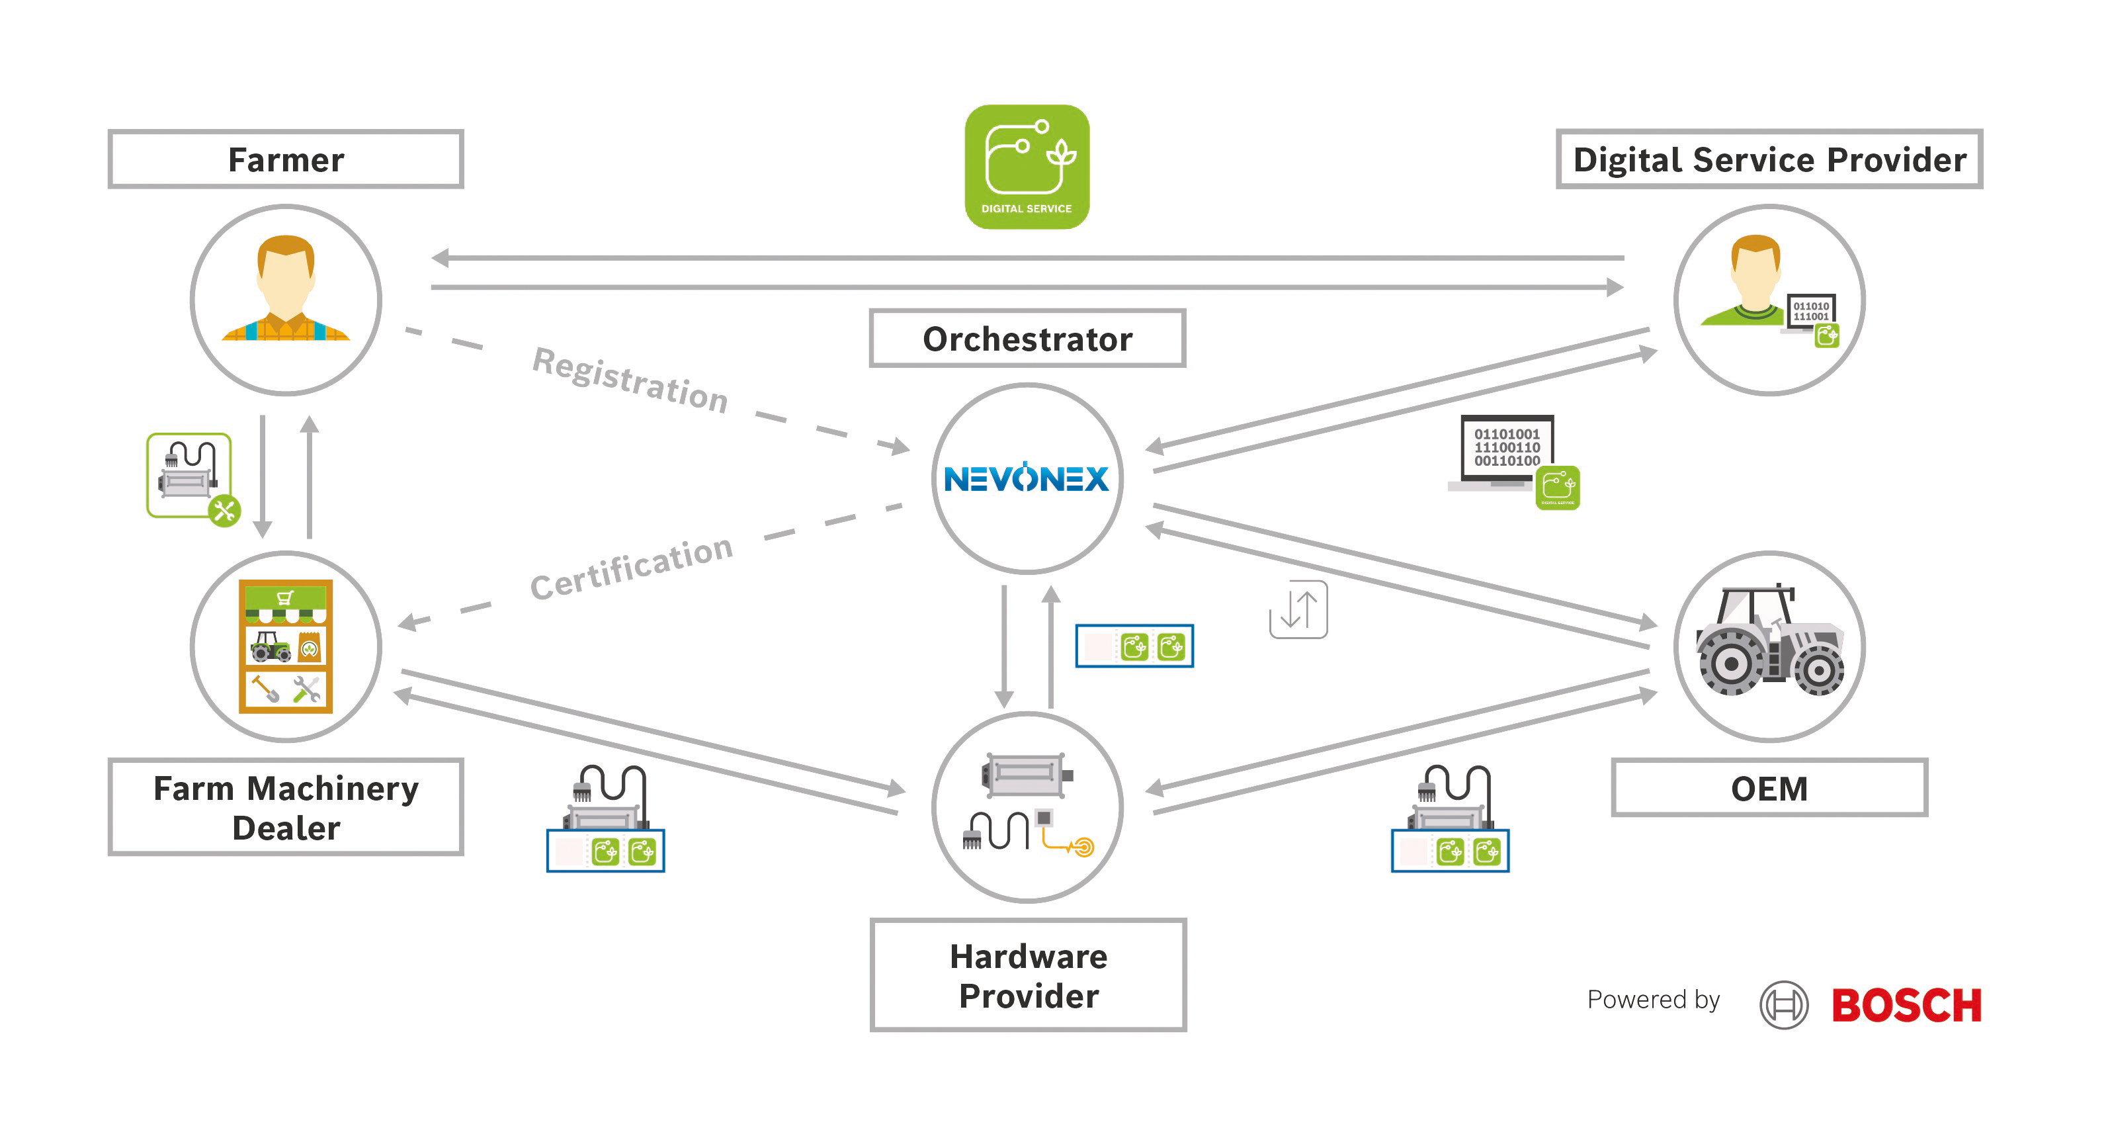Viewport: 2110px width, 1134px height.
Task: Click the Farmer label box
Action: (x=286, y=159)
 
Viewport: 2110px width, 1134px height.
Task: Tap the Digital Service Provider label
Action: (x=1769, y=159)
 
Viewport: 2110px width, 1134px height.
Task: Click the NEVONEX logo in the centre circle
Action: (x=1027, y=478)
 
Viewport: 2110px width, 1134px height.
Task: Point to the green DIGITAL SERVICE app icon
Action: (x=1027, y=166)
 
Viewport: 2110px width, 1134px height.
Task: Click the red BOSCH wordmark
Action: (x=1906, y=1006)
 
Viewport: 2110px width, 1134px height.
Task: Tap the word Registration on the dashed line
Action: (x=630, y=379)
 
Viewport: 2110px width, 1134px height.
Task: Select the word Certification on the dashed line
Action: (x=631, y=567)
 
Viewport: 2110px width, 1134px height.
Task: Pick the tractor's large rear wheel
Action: (x=1730, y=664)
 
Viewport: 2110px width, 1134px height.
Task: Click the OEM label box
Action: (x=1769, y=788)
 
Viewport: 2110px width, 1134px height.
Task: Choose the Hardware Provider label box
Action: (x=1028, y=975)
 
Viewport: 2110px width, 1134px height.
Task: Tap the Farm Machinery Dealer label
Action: (x=286, y=807)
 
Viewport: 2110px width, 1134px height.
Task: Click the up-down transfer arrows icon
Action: (x=1298, y=609)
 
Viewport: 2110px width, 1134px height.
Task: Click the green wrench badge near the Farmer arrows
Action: (x=224, y=511)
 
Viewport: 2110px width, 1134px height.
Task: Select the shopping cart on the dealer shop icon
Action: (x=285, y=597)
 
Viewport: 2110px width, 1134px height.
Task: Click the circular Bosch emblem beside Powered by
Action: (x=1783, y=1006)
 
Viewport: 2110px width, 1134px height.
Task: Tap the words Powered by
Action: (x=1653, y=1000)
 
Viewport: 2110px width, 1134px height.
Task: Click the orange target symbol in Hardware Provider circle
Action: (x=1083, y=846)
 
